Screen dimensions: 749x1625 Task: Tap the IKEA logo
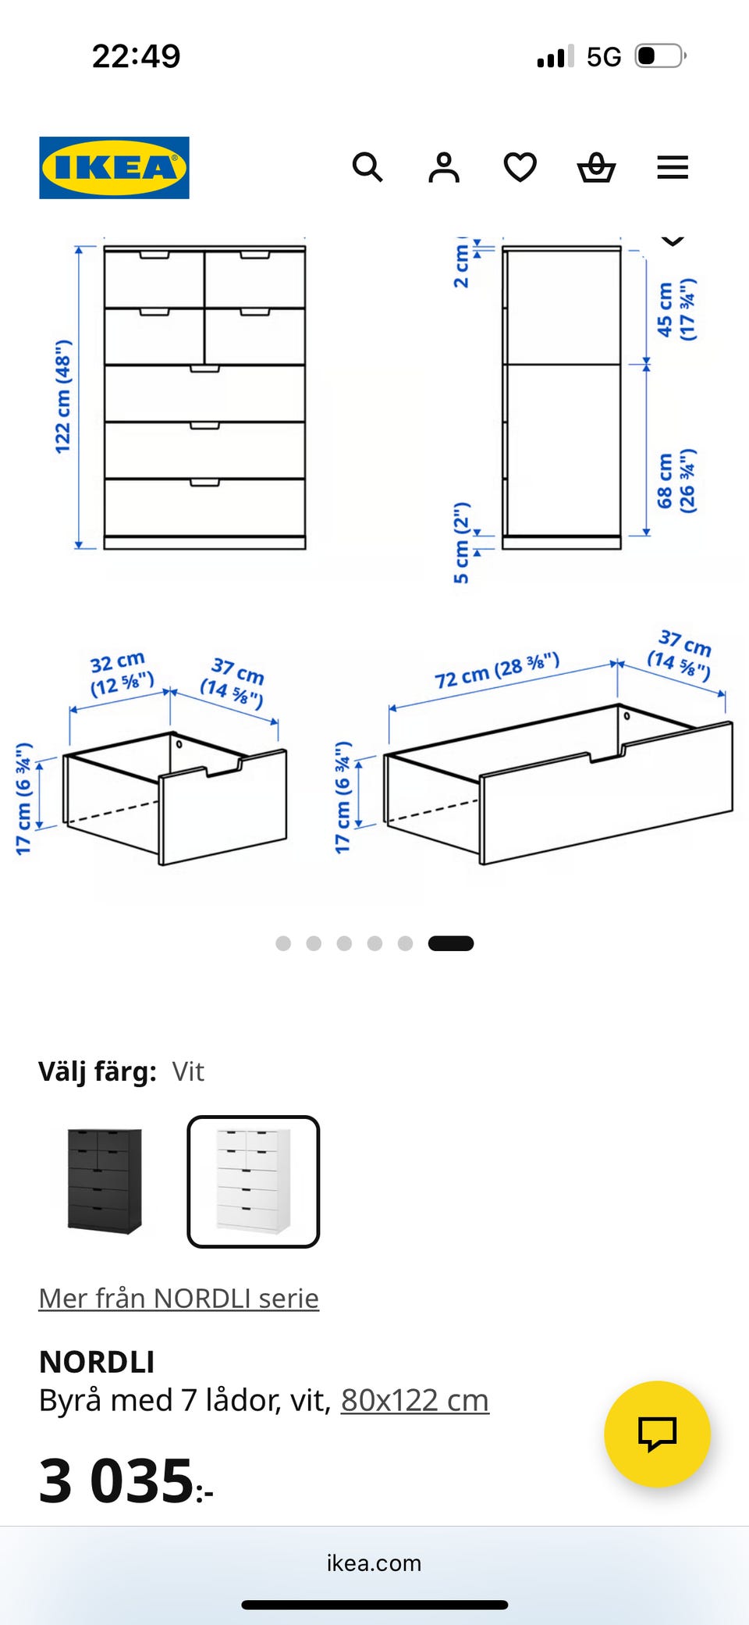tap(114, 168)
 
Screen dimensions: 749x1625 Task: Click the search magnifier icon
tap(367, 167)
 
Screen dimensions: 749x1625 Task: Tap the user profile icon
tap(444, 167)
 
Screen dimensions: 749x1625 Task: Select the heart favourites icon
tap(520, 167)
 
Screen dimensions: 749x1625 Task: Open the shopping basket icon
tap(596, 167)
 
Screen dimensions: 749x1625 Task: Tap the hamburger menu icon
tap(673, 167)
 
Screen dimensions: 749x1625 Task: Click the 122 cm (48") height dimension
tap(62, 397)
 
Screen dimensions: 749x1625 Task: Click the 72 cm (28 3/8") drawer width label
tap(497, 670)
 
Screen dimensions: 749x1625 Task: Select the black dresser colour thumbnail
tap(105, 1181)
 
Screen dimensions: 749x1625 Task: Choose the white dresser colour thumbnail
tap(254, 1181)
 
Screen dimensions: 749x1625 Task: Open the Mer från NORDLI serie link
tap(179, 1298)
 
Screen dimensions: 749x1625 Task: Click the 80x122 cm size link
tap(415, 1400)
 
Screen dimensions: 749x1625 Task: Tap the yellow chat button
tap(658, 1434)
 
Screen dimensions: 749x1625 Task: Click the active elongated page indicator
tap(451, 943)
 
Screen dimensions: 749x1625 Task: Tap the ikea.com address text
tap(374, 1563)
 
